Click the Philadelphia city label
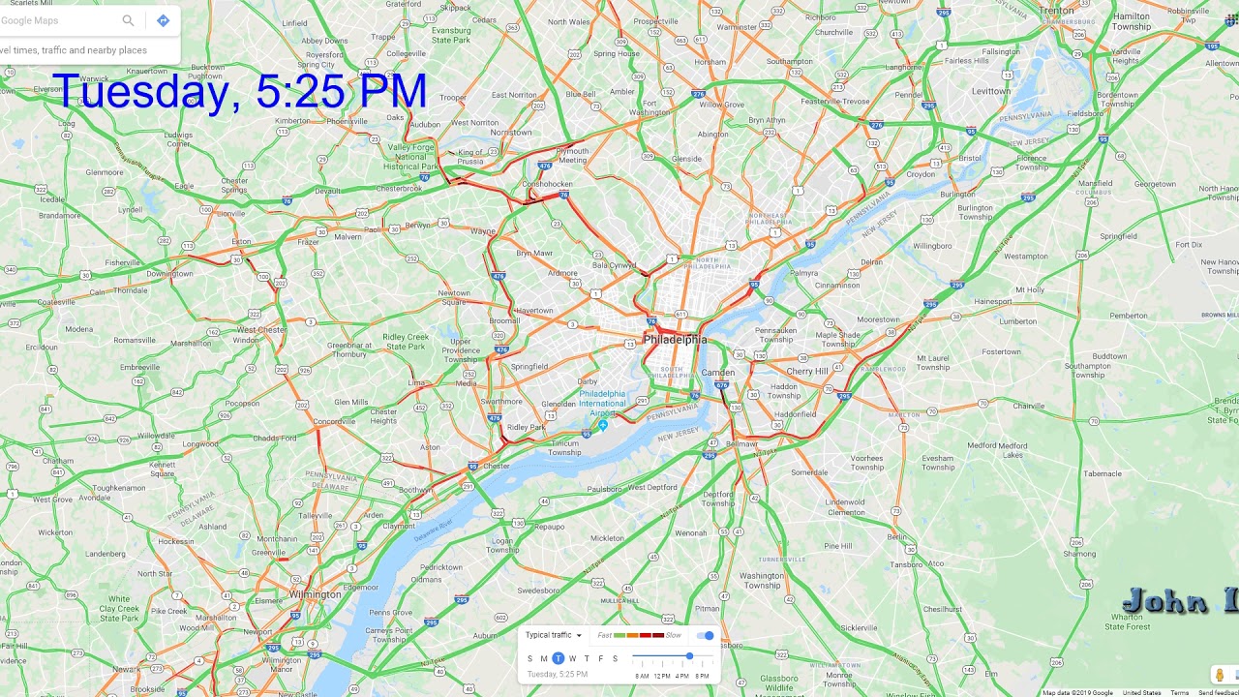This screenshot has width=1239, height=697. [675, 340]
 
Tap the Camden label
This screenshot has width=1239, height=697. [718, 372]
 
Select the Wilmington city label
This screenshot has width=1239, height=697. [316, 594]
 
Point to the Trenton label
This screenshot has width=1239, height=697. [1056, 11]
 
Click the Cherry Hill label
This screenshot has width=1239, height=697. [806, 371]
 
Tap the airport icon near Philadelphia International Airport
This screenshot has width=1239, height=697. [602, 424]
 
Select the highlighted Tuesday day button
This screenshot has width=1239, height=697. [558, 658]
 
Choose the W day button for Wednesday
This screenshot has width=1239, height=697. [572, 658]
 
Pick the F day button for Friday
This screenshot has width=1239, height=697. [600, 658]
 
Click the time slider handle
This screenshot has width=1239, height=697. [689, 656]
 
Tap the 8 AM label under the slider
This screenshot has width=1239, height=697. [642, 676]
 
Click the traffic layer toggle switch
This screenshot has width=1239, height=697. [706, 635]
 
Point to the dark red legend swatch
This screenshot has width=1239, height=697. [658, 635]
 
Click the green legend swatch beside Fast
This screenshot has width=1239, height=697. [619, 635]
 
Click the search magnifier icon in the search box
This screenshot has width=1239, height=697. [128, 20]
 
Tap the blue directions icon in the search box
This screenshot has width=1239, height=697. [163, 20]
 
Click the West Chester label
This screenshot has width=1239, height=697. [259, 330]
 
